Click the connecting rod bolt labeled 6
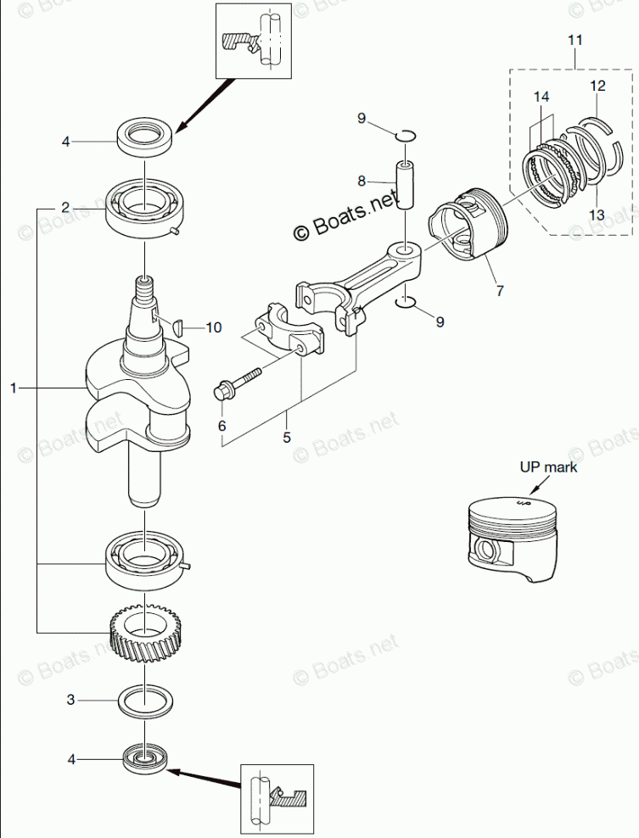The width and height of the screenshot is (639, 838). pos(235,383)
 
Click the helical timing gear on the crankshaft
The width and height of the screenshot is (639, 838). pos(145,634)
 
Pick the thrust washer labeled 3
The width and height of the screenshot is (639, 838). pos(145,701)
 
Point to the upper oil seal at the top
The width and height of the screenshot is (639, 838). pos(145,138)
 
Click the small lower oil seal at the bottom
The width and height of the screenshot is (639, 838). pos(145,759)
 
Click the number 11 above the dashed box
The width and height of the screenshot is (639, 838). pos(575,40)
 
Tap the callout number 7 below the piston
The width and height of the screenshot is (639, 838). pos(500,291)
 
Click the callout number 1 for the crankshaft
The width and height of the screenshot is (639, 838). pos(14,387)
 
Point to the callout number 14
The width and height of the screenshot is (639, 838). pos(541,97)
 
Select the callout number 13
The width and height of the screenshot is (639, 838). pos(597,215)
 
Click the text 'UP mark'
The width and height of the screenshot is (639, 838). pos(549,466)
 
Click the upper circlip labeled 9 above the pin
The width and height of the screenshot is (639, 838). pos(405,137)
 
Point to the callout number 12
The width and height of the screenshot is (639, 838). pos(597,86)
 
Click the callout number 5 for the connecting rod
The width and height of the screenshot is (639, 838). pos(287,437)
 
